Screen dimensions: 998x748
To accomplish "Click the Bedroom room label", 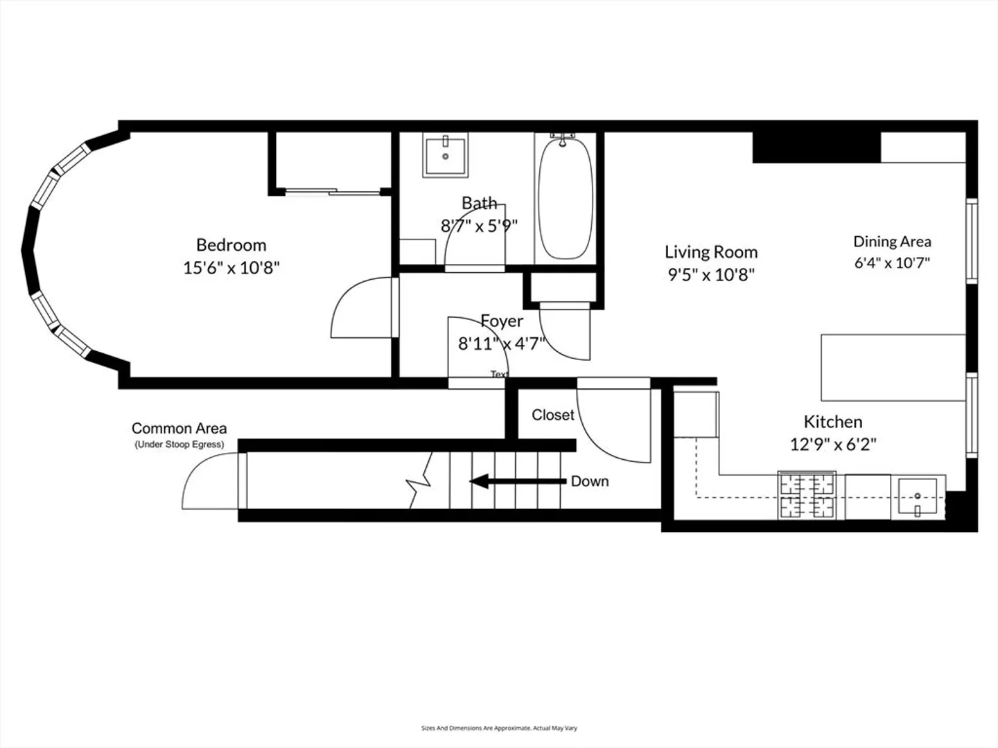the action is click(231, 245).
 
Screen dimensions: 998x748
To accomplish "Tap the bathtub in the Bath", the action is click(565, 199).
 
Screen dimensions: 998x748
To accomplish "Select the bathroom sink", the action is click(445, 155).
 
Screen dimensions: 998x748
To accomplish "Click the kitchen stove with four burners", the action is click(807, 495).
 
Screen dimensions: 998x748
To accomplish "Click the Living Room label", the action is click(711, 252).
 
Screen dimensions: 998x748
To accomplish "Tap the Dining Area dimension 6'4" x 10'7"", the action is click(892, 263).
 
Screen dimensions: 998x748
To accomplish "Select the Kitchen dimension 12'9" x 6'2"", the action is click(833, 444).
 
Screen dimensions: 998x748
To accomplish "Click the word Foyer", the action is click(502, 321).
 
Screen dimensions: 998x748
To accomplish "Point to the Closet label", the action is click(553, 415).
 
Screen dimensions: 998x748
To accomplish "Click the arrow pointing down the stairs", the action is click(518, 481).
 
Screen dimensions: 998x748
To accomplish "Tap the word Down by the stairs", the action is click(590, 481).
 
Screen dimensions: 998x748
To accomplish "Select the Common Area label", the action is click(179, 428).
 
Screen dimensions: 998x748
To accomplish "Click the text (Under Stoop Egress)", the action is click(179, 445).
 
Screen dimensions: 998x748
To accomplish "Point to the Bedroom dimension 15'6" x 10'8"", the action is click(231, 268).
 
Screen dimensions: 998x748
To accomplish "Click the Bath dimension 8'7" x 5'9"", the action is click(479, 226).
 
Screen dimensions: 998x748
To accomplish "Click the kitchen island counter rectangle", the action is click(893, 368).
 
